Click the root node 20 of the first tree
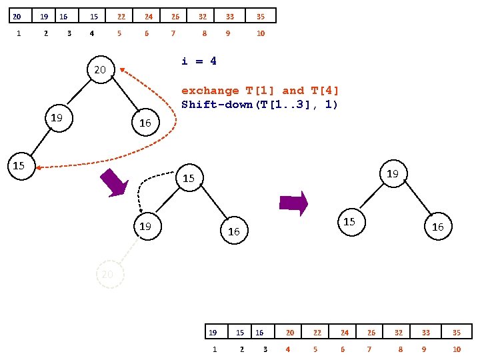coord(100,69)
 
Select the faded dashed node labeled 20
coord(110,274)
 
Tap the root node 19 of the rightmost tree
coord(393,173)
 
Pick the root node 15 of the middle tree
coord(189,178)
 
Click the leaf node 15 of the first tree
coord(19,165)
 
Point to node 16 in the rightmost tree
coord(437,227)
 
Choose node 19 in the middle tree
coord(145,227)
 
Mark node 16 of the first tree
coord(145,123)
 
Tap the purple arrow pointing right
coord(293,203)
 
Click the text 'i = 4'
coord(199,61)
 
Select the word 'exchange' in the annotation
coord(210,91)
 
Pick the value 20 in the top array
coord(17,16)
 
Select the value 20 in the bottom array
coord(290,332)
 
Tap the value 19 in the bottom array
coord(213,332)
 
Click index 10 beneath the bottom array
coord(457,349)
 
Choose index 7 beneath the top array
coord(173,33)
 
